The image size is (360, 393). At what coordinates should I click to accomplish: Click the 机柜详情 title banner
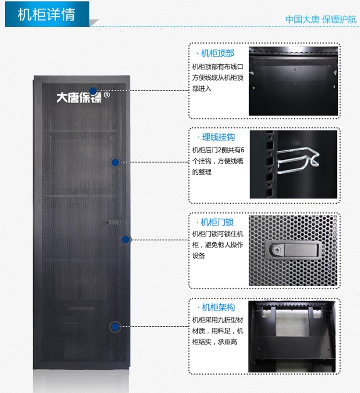(47, 14)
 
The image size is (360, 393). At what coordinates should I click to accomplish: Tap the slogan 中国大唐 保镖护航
(321, 19)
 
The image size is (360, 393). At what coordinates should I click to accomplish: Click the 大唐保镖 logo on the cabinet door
(79, 97)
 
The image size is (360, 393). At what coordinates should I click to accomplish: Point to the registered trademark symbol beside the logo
(107, 95)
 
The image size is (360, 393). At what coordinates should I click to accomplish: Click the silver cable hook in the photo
(297, 160)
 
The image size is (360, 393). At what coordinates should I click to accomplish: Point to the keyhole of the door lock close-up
(276, 250)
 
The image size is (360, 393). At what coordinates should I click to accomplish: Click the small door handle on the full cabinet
(113, 222)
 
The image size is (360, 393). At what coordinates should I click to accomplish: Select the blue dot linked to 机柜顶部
(93, 91)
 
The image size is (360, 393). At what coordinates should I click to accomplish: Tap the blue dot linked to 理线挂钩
(115, 162)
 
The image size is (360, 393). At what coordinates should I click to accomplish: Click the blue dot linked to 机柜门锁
(126, 239)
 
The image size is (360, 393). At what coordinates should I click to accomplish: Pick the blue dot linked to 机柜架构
(115, 327)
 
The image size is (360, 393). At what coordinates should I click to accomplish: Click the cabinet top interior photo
(293, 81)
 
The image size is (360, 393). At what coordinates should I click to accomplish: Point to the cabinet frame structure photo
(292, 336)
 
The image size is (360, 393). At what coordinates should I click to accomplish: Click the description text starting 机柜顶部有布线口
(217, 78)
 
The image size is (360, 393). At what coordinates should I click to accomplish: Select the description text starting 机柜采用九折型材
(217, 331)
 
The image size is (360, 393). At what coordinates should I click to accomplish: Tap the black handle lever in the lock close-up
(301, 250)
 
